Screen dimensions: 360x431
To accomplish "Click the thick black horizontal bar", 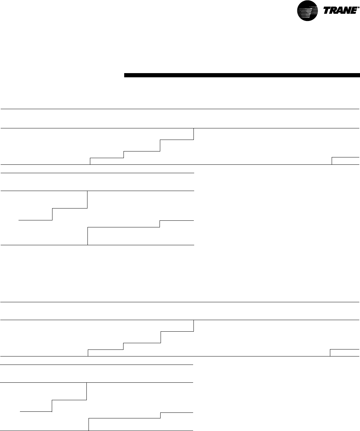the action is click(x=242, y=75).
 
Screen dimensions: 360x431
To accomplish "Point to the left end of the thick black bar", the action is click(x=125, y=75).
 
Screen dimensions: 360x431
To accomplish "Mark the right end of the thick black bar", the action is click(x=359, y=75).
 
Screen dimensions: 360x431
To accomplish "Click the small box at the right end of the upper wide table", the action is click(x=346, y=161).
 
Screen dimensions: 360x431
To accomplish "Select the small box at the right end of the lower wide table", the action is click(x=345, y=353).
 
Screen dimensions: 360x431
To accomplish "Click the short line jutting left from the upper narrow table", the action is click(x=35, y=220).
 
